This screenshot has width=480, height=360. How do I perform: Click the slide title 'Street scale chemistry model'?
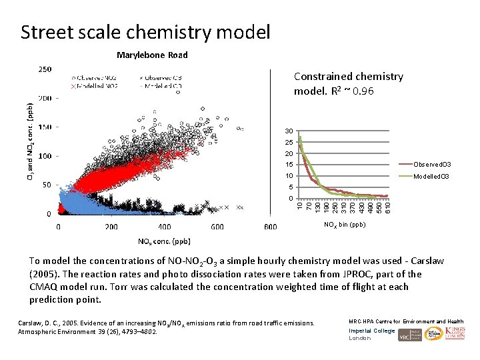click(145, 31)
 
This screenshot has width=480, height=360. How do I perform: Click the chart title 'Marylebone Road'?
click(152, 55)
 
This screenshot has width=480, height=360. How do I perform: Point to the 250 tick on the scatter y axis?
click(45, 69)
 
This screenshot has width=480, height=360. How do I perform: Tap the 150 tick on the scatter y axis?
click(45, 127)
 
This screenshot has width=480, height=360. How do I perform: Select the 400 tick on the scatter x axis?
click(215, 227)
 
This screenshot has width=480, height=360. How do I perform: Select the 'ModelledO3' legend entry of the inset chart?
click(433, 176)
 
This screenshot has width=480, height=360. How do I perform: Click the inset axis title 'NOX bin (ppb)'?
click(345, 225)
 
